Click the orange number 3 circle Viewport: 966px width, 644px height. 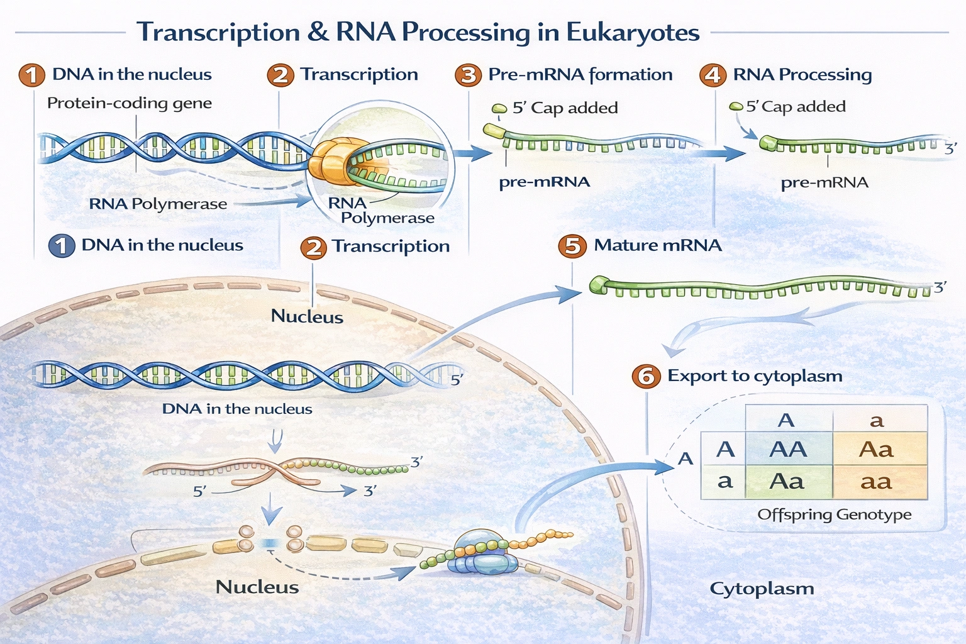[469, 75]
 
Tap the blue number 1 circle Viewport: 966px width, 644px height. [62, 245]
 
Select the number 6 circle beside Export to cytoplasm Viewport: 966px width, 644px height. [646, 376]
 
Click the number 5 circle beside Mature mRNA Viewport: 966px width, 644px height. [572, 245]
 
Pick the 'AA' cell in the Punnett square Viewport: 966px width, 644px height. [788, 449]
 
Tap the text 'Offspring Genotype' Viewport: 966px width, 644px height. [834, 514]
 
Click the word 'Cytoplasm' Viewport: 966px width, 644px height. [762, 589]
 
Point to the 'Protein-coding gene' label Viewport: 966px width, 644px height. [130, 103]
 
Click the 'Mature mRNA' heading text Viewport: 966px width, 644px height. [657, 245]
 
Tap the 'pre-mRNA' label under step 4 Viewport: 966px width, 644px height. [824, 183]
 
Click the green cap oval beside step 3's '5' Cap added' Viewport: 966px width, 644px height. [499, 109]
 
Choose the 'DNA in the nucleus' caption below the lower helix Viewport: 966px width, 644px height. [237, 409]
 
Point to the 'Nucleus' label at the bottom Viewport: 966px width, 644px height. [257, 587]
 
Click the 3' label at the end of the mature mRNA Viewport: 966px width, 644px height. [940, 287]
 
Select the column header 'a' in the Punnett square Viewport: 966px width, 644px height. [877, 420]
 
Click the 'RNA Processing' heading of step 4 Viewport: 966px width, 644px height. [802, 75]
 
